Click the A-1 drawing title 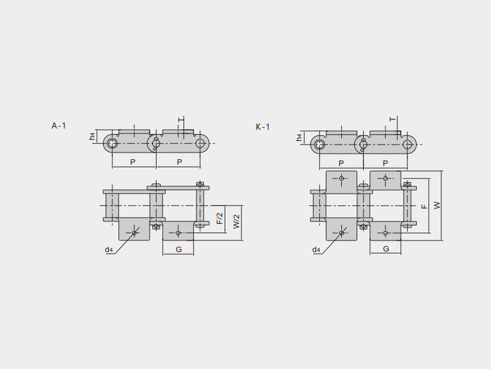(59, 126)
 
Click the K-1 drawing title (263, 127)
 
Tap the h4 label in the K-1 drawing (300, 137)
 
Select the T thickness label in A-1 (180, 119)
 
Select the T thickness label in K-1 (393, 119)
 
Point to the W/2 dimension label (236, 221)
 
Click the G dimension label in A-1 (179, 250)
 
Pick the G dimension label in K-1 (386, 249)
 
